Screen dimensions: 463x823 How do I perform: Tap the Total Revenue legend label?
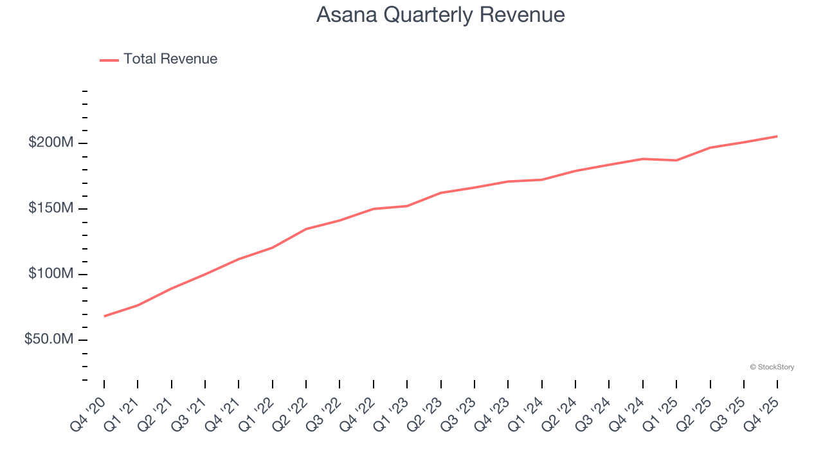coord(170,59)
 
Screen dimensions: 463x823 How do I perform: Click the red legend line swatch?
coord(109,60)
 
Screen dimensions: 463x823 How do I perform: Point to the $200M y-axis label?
coord(50,143)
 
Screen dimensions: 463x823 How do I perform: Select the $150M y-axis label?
coord(50,208)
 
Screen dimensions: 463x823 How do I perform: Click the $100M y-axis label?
coord(50,275)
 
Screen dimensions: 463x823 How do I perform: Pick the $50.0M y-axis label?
coord(48,340)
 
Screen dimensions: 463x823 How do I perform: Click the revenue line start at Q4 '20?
coord(104,316)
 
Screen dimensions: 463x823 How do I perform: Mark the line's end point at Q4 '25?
coord(777,136)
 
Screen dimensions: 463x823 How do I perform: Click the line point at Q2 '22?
coord(306,229)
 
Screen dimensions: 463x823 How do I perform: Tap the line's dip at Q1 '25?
coord(676,160)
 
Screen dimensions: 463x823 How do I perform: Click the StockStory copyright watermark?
coord(772,367)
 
